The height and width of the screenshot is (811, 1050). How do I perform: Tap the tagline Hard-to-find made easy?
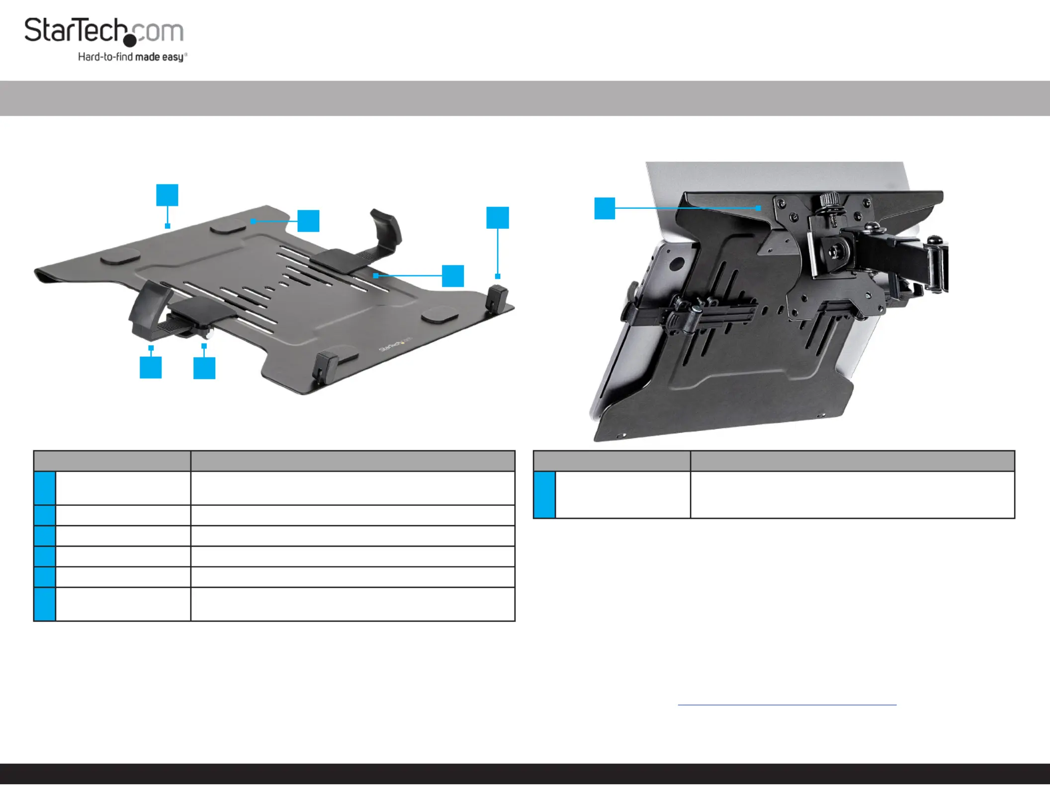pos(132,57)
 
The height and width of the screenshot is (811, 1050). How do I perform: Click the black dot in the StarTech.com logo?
pos(130,40)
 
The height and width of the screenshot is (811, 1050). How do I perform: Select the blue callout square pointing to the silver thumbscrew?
pos(204,368)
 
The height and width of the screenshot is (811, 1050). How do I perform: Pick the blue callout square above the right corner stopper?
pos(498,218)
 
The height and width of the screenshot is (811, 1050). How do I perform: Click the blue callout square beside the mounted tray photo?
pos(605,208)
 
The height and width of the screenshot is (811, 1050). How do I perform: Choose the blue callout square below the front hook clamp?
pos(151,368)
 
